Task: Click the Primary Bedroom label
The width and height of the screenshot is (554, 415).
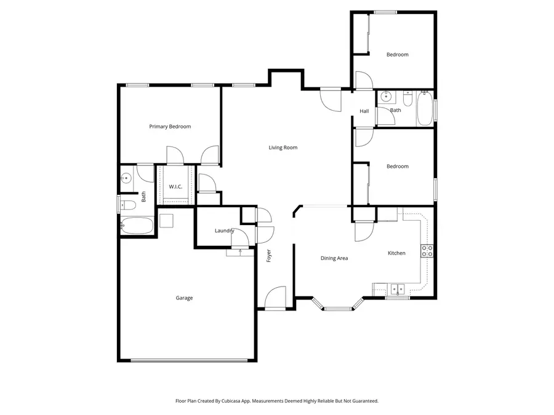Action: pos(170,127)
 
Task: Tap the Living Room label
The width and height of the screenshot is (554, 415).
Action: pos(283,148)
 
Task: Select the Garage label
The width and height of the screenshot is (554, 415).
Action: pos(184,298)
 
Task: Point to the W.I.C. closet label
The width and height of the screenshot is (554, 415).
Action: pos(175,186)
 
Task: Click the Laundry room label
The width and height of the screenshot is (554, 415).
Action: pos(224,231)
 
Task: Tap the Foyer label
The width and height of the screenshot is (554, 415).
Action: pos(269,256)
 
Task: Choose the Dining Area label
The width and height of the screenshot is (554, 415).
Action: pos(334,258)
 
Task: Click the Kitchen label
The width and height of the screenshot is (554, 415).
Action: pos(396,253)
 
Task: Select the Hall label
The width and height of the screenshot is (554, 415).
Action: pos(364,111)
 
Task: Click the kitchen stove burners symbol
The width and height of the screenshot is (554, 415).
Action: pos(427,251)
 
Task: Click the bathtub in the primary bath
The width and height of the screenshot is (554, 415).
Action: pos(137,226)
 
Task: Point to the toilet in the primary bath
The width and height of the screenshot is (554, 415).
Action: pos(127,205)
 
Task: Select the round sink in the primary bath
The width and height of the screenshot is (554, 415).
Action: pos(126,178)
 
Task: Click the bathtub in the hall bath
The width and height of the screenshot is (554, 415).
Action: pos(425,109)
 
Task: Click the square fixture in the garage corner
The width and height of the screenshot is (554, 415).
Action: pos(167,219)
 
